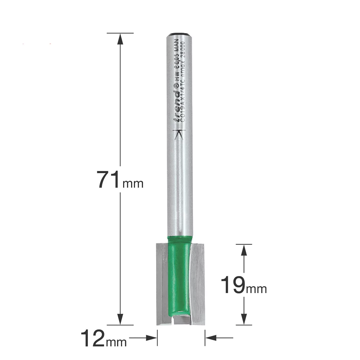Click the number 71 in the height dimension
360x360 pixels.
[x=109, y=180]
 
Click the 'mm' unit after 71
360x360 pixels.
[x=133, y=184]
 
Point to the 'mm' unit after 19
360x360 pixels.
[x=256, y=289]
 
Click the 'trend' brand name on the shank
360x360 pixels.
[x=177, y=106]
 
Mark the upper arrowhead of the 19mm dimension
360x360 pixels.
[x=244, y=250]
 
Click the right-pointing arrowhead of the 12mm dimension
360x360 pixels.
[x=152, y=338]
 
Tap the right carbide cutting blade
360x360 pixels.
[x=197, y=283]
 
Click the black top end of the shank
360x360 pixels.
[x=179, y=33]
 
